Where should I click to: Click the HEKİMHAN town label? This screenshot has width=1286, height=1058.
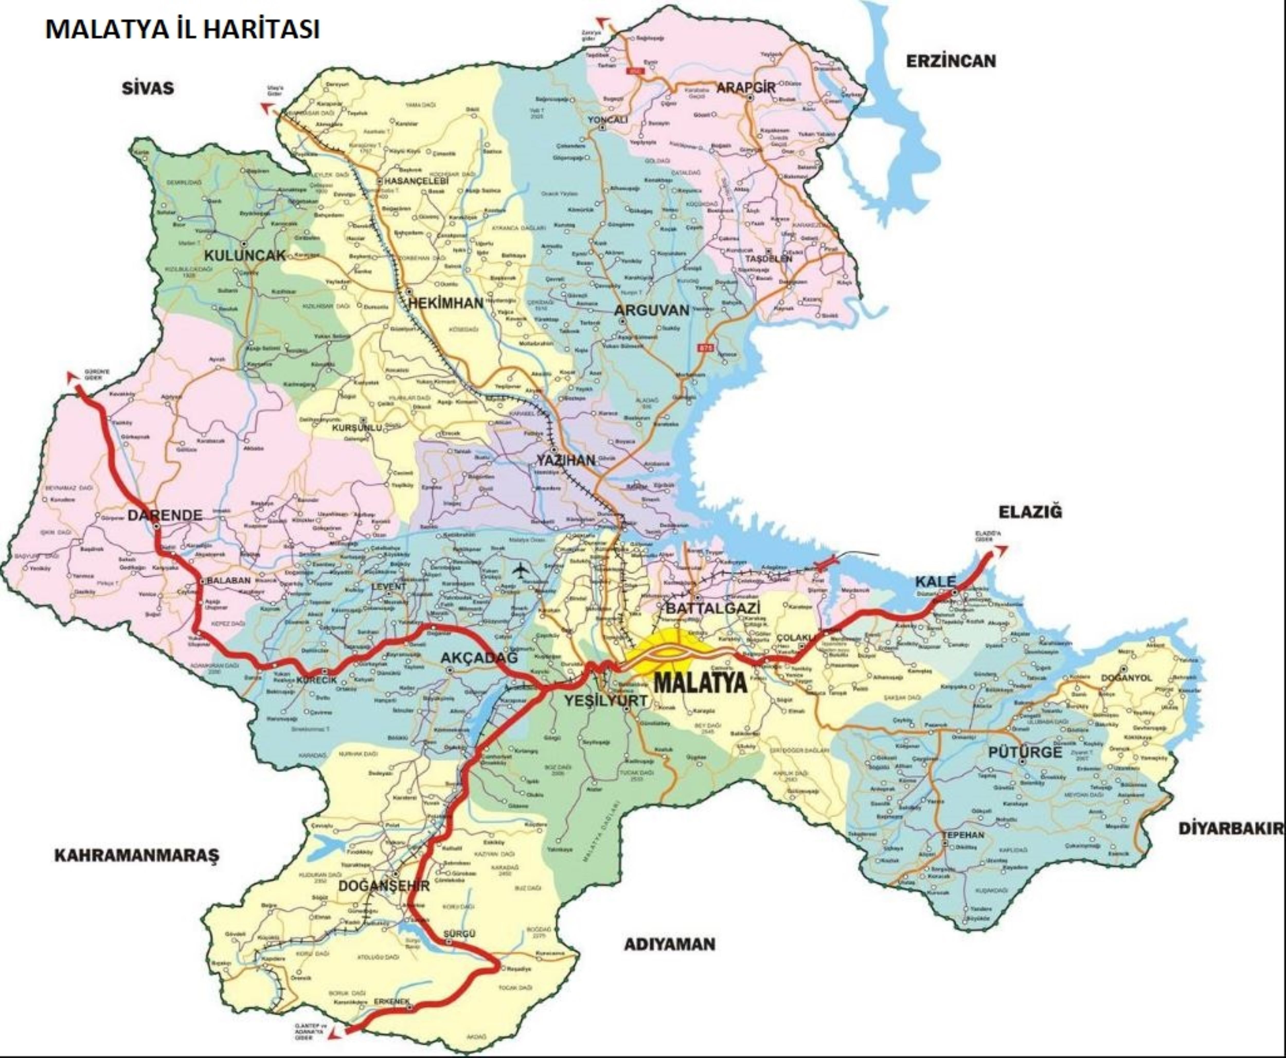[x=445, y=303]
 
